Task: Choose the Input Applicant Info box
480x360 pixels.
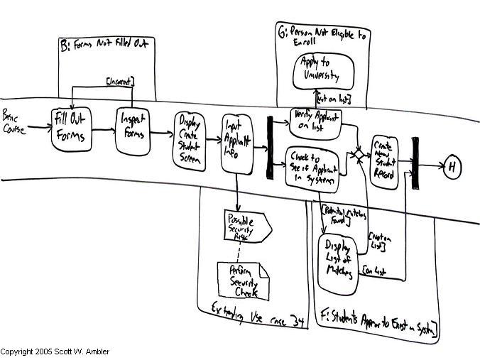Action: [238, 142]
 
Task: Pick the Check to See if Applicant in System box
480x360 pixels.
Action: [312, 169]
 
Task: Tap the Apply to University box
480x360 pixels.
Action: [317, 74]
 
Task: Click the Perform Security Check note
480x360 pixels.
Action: [242, 281]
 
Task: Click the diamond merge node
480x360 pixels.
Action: [360, 153]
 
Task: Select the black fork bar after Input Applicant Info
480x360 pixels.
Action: [270, 147]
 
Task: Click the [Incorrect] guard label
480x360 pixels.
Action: [120, 82]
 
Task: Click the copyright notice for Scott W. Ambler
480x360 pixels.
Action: [55, 352]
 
